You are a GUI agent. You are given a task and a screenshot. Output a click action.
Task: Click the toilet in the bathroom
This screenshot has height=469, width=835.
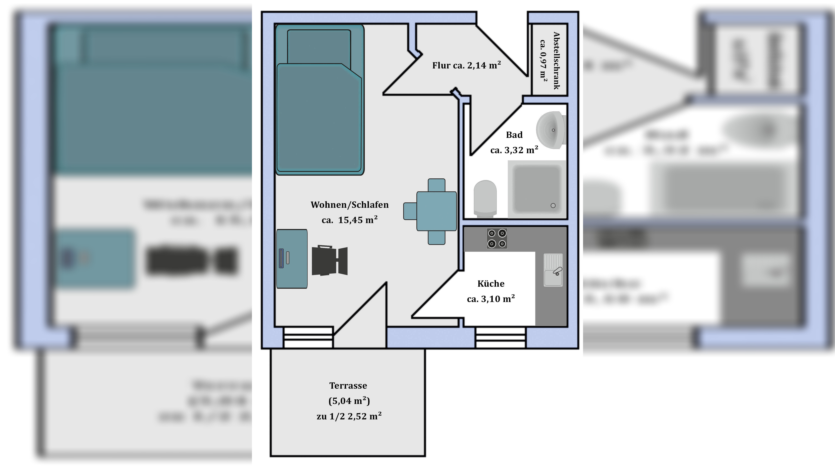pos(485,198)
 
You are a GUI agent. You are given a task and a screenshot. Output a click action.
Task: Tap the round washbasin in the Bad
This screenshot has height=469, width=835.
pos(550,130)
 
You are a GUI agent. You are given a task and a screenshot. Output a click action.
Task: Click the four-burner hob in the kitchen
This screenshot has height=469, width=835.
pos(497,239)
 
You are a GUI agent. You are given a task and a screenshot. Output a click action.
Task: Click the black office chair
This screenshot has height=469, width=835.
pos(329,261)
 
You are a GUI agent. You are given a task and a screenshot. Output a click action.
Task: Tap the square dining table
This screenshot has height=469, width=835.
pos(436,211)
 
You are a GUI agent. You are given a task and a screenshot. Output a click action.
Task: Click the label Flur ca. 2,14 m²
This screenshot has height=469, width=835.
pos(466,65)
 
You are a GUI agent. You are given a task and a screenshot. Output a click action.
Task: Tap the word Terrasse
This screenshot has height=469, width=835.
pos(348,386)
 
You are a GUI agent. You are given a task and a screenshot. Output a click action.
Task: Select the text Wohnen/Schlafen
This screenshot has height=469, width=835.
pos(349,205)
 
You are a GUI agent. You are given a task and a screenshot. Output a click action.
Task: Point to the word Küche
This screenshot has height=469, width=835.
pos(491,284)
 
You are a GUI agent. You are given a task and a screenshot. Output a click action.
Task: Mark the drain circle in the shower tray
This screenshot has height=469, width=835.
pos(553,206)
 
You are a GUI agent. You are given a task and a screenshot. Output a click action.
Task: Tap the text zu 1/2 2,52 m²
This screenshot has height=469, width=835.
pos(349,416)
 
